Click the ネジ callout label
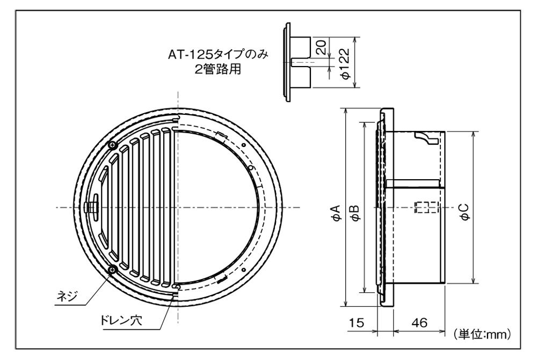pos(67,297)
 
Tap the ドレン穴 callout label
pos(115,323)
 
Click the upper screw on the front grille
pos(112,145)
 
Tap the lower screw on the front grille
pos(112,270)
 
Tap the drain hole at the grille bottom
pos(176,291)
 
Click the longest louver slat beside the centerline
pos(167,207)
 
